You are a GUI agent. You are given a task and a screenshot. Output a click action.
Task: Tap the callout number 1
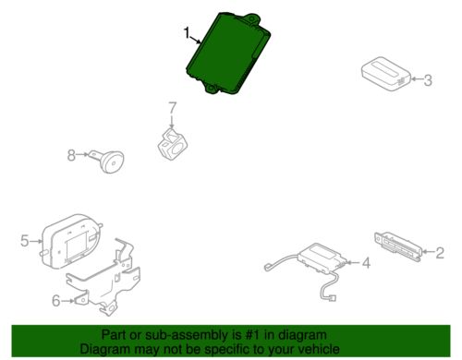(187, 34)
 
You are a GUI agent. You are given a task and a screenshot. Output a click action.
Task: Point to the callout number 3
(428, 80)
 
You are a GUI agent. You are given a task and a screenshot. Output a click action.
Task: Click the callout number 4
(366, 263)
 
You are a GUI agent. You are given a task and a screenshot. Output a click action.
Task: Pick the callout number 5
(24, 241)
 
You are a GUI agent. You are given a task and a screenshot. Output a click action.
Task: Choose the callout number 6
(55, 299)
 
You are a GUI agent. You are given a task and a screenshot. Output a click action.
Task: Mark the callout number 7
(171, 109)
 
